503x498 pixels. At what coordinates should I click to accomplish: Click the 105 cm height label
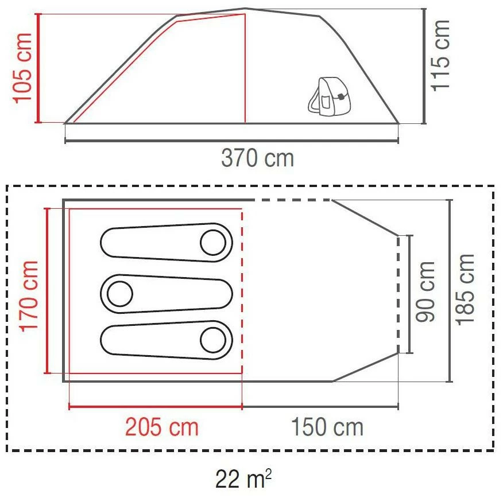22,68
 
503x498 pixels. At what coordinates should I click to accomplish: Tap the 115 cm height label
440,56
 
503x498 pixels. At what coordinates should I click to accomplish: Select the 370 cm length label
257,158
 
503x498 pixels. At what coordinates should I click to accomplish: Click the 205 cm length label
162,427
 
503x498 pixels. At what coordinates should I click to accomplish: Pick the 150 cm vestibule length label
327,427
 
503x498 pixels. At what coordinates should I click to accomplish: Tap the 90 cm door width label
425,291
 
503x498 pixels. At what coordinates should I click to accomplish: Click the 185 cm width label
465,290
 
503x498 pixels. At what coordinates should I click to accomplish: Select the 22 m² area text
243,478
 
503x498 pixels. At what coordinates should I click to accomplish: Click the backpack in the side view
329,95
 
